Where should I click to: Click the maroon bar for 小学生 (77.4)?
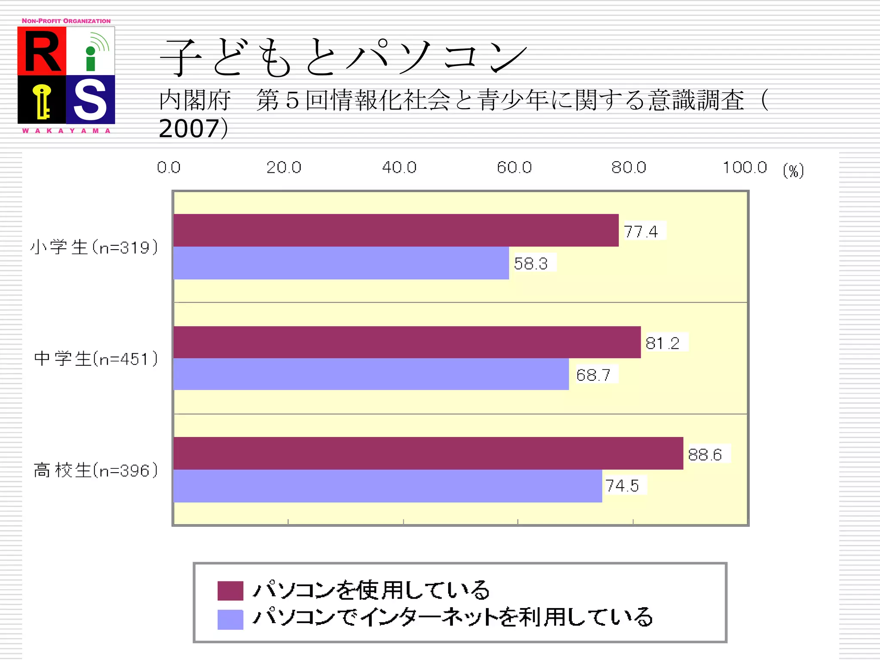pos(395,230)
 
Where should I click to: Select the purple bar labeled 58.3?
pos(341,263)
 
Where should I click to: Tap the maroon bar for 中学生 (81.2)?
pos(406,342)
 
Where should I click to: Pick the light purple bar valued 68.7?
pos(371,374)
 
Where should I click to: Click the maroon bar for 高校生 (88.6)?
pos(428,453)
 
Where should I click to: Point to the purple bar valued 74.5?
pos(387,486)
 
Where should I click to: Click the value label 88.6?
pos(705,455)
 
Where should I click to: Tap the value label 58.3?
pos(531,263)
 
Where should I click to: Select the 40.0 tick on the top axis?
pos(399,167)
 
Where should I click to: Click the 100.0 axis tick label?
pos(745,167)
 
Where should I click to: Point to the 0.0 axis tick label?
pos(169,167)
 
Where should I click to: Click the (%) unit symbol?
pos(793,171)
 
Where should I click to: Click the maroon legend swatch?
pos(230,590)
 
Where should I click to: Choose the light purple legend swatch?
pos(230,620)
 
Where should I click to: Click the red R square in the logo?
pos(42,51)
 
